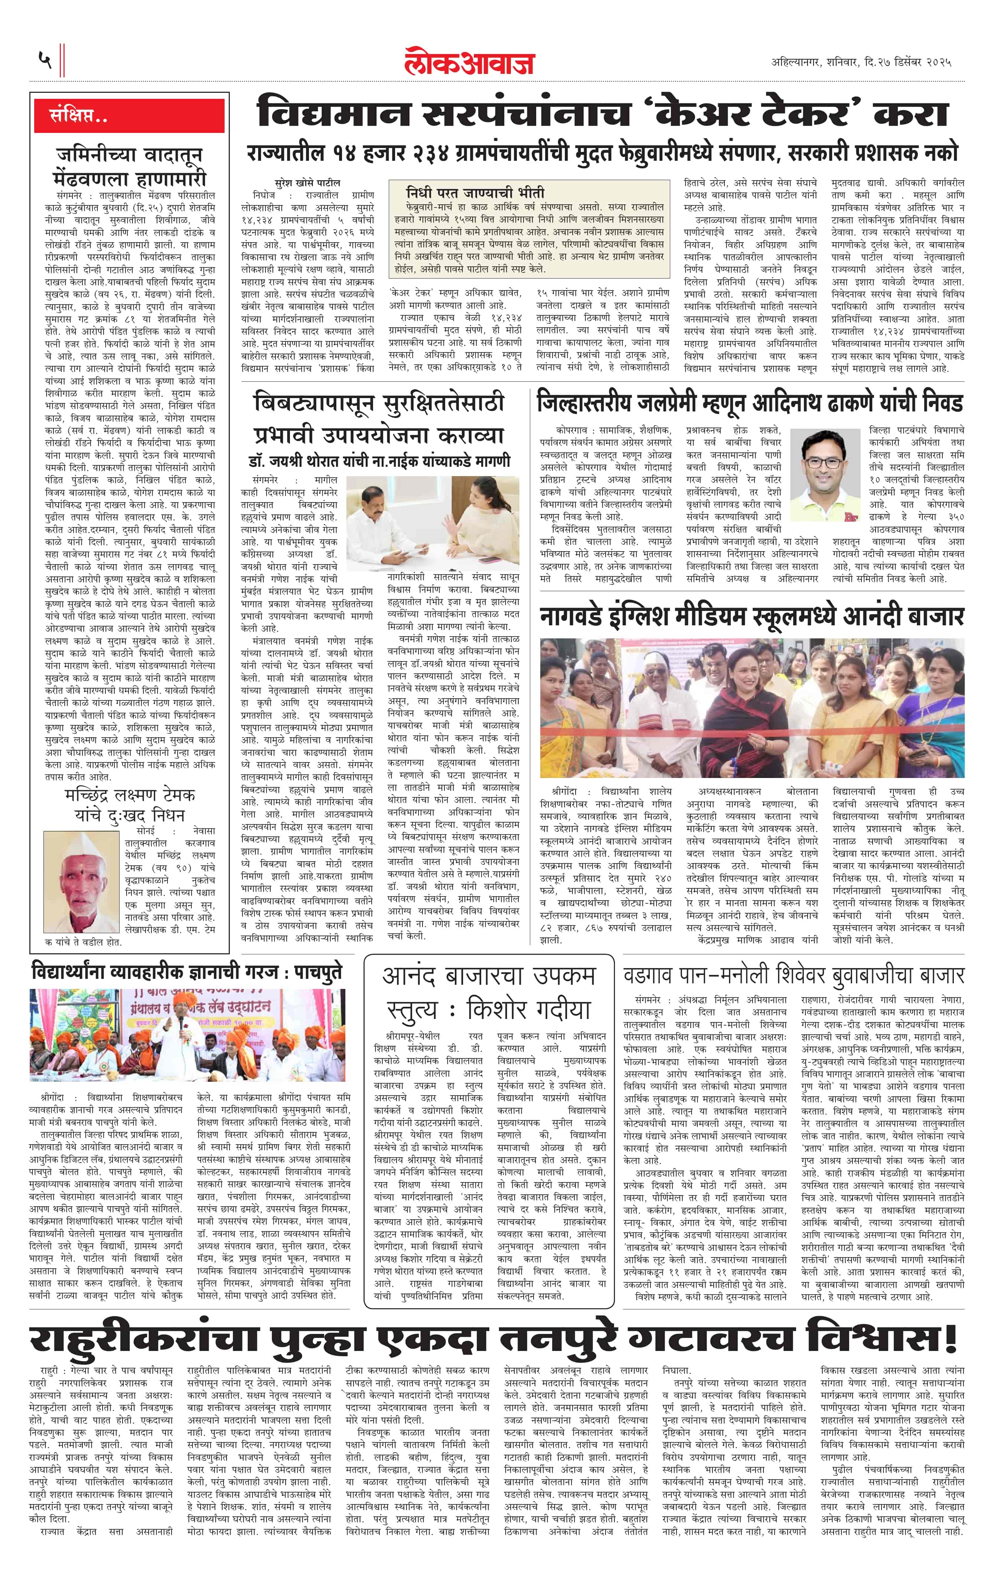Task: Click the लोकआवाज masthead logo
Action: [x=469, y=62]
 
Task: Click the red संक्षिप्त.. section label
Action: [x=79, y=116]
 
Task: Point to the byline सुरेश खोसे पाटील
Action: [x=307, y=183]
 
